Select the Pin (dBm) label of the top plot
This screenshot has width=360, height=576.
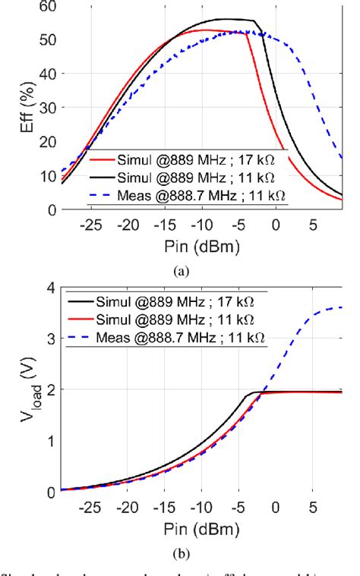201,247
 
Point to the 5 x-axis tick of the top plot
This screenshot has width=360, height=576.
313,225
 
